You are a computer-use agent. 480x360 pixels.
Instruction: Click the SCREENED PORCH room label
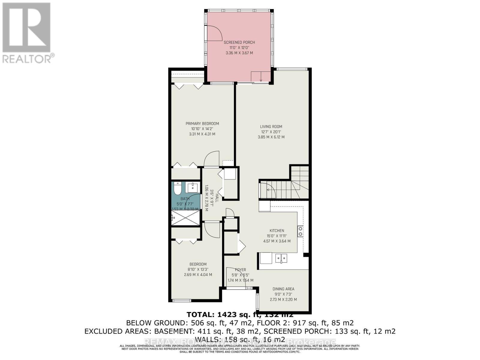[239, 42]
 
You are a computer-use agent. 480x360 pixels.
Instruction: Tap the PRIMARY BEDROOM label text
[202, 124]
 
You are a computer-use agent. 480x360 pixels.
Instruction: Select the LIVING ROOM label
[271, 127]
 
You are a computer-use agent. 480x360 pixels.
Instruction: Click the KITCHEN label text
[277, 231]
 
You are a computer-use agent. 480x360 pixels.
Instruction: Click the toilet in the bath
[177, 188]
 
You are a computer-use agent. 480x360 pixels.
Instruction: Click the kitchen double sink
[281, 258]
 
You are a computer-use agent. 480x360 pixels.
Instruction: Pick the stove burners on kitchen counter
[300, 231]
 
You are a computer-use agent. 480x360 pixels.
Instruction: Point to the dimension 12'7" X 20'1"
[271, 132]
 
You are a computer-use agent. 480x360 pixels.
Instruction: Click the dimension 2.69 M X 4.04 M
[198, 275]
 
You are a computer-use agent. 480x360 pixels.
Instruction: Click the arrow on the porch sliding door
[261, 79]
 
